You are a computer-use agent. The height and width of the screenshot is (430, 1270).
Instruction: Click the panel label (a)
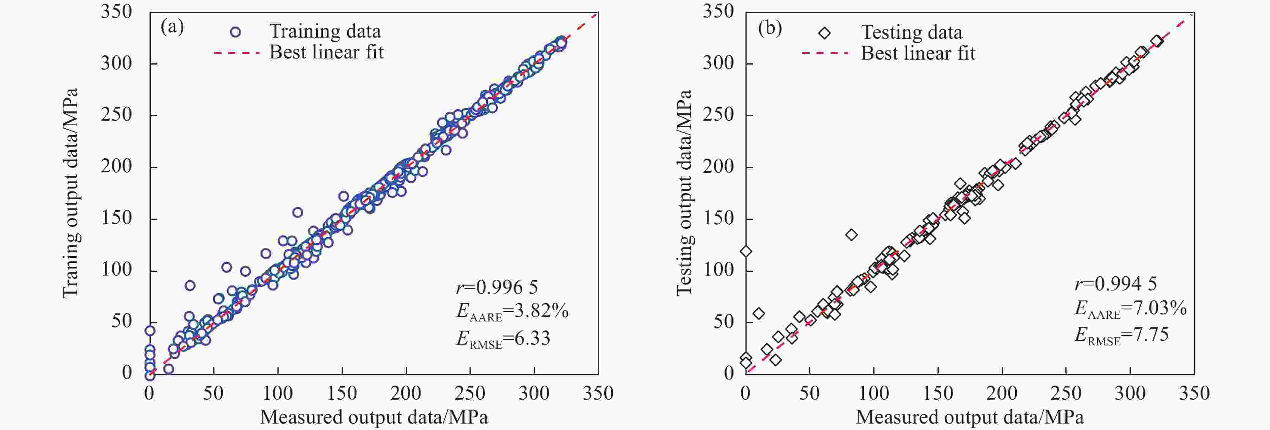click(172, 27)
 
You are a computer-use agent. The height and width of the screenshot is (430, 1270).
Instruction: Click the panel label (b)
click(770, 28)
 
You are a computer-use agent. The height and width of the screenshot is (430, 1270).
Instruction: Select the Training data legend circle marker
click(235, 32)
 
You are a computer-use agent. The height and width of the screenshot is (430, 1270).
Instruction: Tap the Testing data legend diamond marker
click(824, 33)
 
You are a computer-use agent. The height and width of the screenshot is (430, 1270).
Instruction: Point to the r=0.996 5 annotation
click(496, 287)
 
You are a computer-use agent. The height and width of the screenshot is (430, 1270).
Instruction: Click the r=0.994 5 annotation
click(1115, 284)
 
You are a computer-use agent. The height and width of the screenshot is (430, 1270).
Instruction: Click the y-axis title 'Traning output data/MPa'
click(71, 193)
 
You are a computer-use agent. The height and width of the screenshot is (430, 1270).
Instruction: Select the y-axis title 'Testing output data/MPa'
click(684, 193)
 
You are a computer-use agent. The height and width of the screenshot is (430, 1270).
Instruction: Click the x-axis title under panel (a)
click(374, 417)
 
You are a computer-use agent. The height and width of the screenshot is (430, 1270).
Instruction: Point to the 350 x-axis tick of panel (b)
click(1194, 393)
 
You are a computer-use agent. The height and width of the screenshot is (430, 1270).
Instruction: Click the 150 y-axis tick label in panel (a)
click(117, 218)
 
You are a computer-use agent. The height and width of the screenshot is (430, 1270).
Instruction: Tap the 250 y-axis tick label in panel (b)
click(719, 115)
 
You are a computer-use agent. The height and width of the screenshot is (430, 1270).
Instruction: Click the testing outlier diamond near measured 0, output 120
click(746, 252)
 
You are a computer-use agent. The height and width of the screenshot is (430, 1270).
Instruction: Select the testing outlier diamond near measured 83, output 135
click(851, 235)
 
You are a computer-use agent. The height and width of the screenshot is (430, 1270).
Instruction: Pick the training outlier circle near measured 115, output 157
click(297, 213)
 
